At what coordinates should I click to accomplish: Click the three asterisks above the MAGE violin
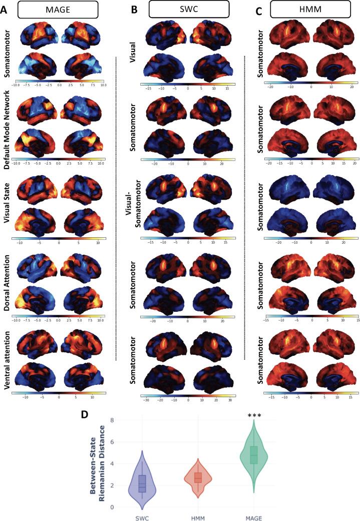coord(254,415)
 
